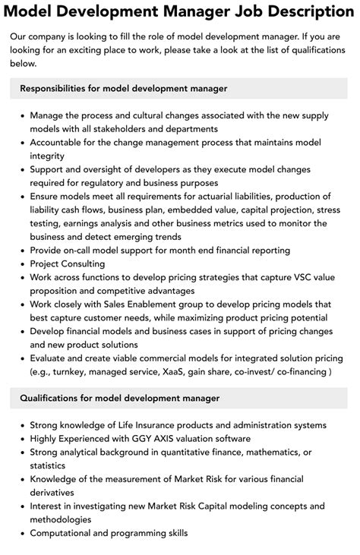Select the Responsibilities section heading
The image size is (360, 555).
(x=124, y=89)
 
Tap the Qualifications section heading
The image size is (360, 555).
(x=119, y=398)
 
